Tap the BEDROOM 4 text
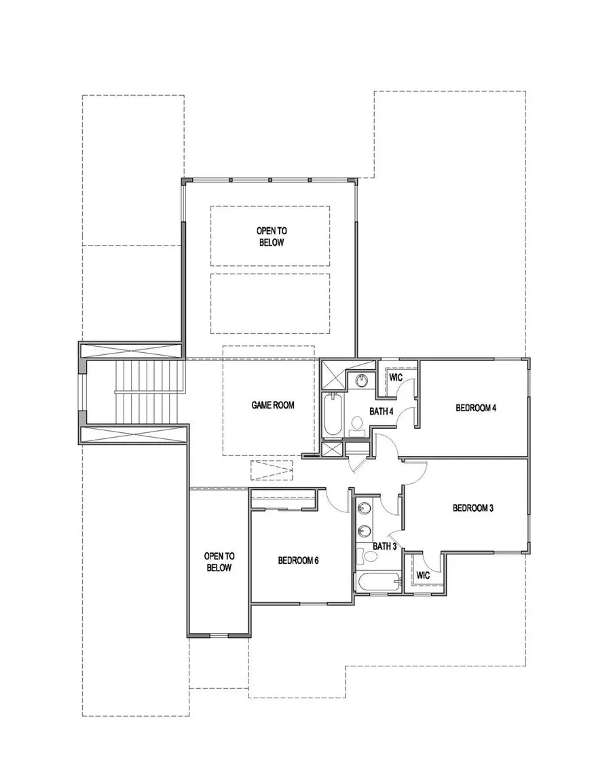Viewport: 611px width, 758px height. (x=476, y=408)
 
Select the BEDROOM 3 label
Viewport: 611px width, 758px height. (x=473, y=508)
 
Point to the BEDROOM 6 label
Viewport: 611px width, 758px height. (x=298, y=561)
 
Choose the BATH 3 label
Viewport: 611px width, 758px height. (x=384, y=546)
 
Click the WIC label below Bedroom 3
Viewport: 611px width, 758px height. (x=423, y=575)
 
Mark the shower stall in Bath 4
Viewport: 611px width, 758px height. (x=333, y=375)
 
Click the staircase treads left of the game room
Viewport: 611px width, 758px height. (x=149, y=394)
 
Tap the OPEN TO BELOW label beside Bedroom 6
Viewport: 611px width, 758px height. (x=219, y=561)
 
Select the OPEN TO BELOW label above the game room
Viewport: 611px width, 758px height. (x=270, y=236)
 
